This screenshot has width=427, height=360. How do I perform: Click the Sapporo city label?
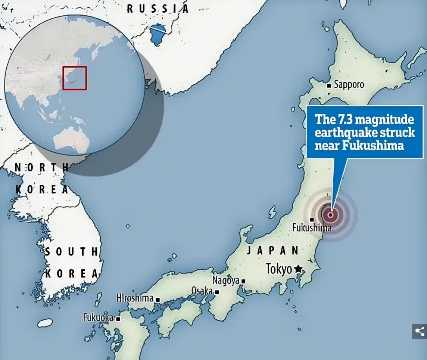pos(349,85)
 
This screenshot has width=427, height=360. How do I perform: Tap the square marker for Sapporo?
pos(329,86)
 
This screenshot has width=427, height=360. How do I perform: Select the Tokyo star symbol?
pos(298,269)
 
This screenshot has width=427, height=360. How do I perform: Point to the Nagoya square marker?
pos(243,281)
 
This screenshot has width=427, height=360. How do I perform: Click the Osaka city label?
pos(202,291)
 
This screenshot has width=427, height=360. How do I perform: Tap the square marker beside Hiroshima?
pos(158,300)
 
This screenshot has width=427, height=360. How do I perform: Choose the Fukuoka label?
pos(98,318)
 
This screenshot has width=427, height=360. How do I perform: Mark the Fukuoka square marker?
pos(118,319)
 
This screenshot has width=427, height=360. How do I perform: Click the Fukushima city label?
pos(311,227)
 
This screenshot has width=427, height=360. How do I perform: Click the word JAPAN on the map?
pos(273,251)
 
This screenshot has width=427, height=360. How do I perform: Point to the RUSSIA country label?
pos(158,9)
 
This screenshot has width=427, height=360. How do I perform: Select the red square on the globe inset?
pos(75,78)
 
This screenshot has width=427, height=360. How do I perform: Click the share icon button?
pos(420,331)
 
